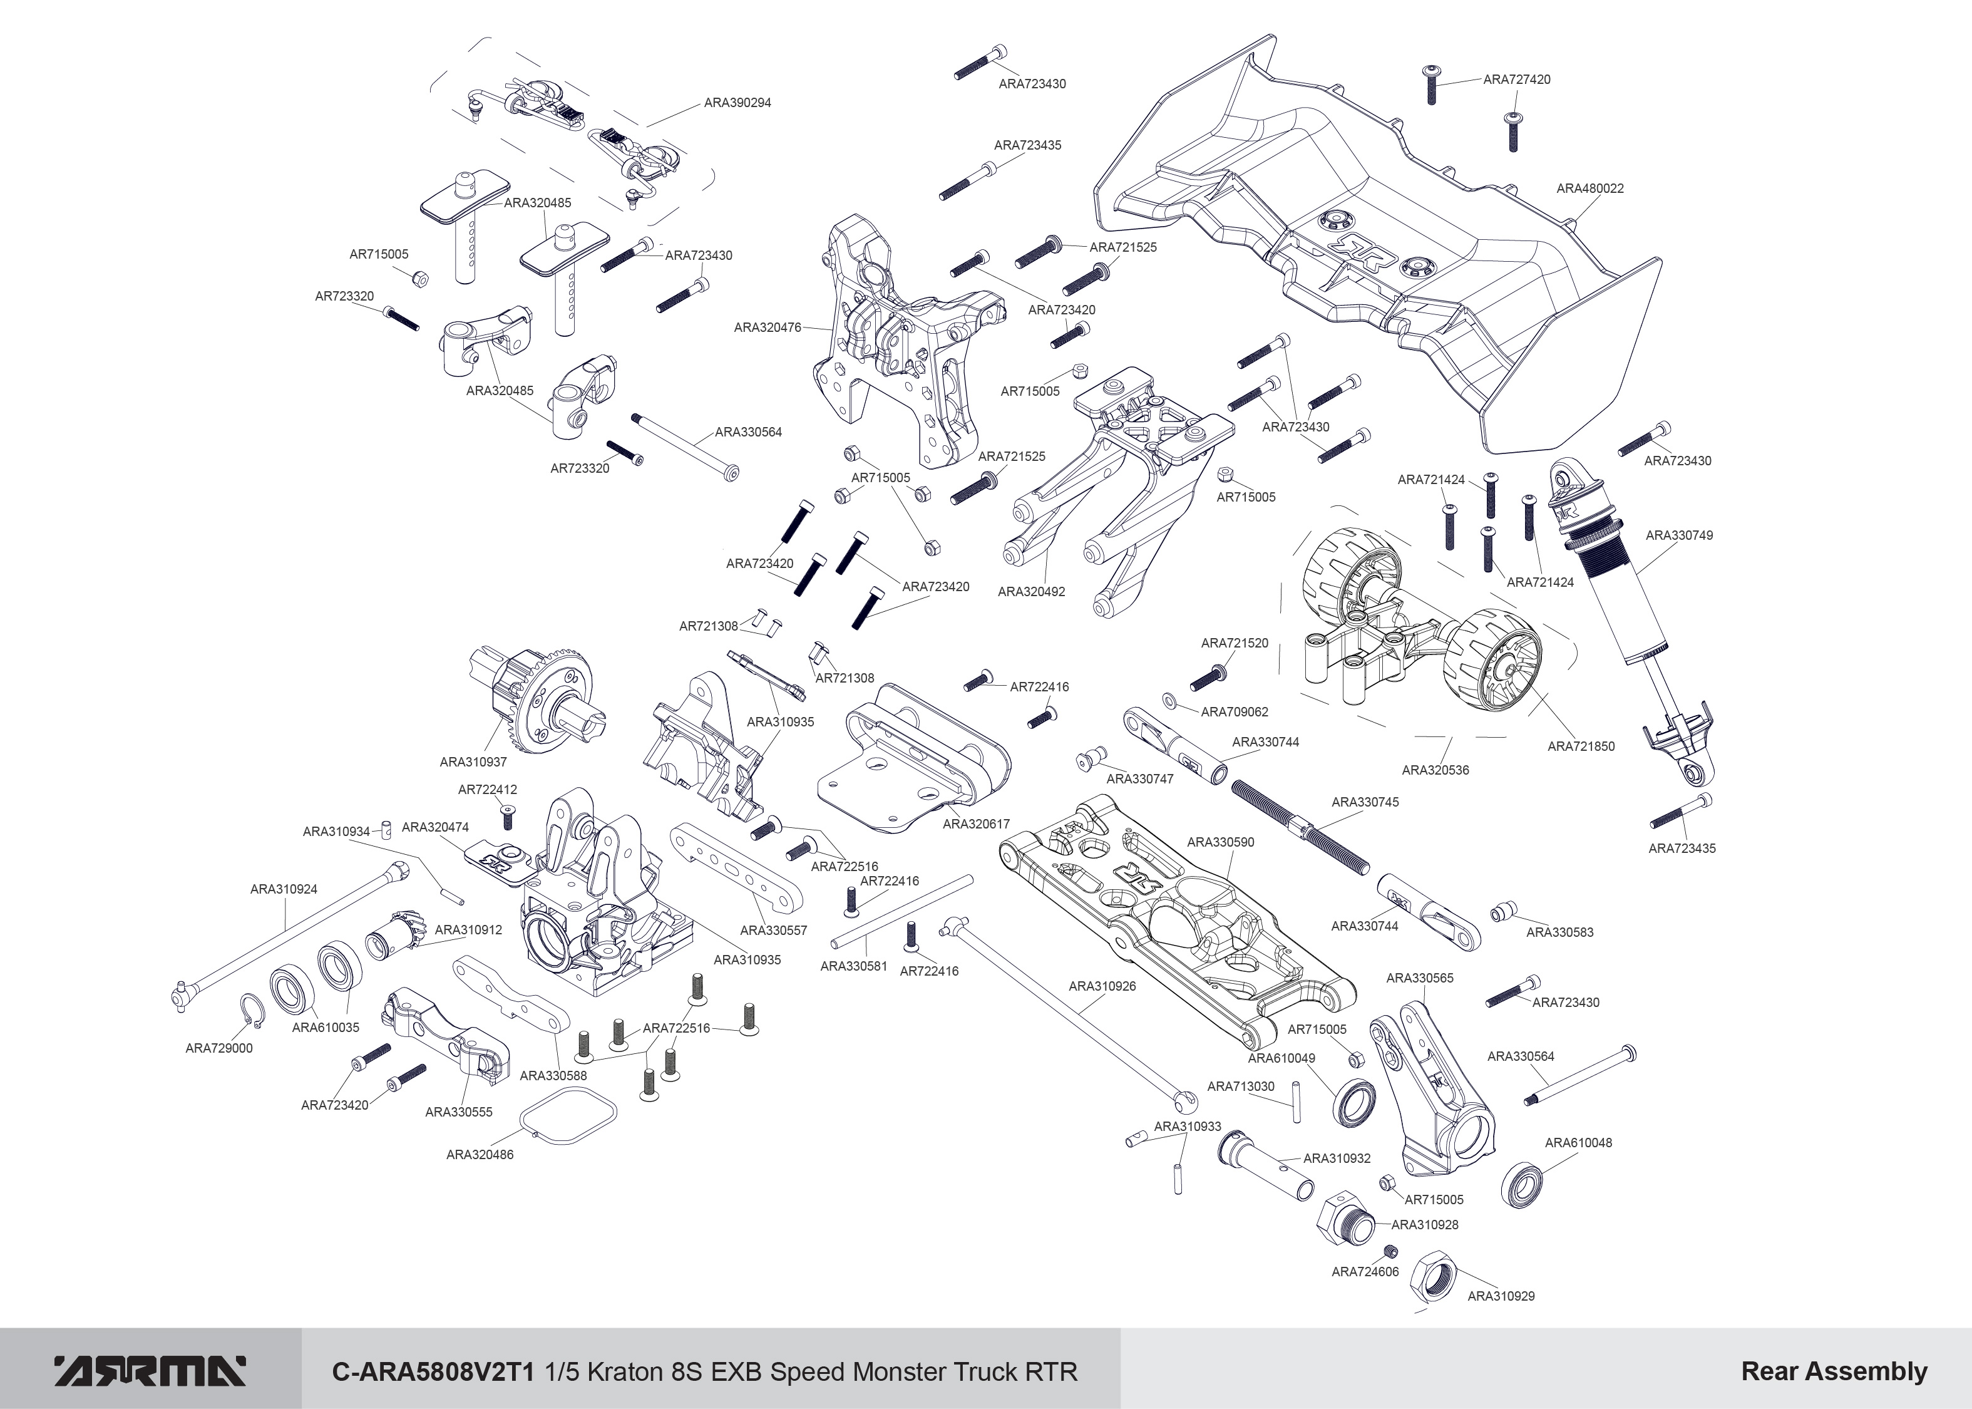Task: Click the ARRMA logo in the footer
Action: [150, 1371]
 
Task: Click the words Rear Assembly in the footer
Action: [1833, 1371]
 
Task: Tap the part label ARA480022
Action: [1589, 188]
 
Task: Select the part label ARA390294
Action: [737, 102]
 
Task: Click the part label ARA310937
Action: [473, 761]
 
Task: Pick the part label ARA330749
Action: [1679, 535]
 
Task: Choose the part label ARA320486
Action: [480, 1155]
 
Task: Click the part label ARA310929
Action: [1500, 1296]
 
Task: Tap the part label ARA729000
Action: [218, 1048]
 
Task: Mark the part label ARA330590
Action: [1220, 842]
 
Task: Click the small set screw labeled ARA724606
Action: [1390, 1250]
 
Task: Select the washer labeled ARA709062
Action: [1169, 699]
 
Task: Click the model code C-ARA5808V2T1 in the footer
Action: [436, 1371]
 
